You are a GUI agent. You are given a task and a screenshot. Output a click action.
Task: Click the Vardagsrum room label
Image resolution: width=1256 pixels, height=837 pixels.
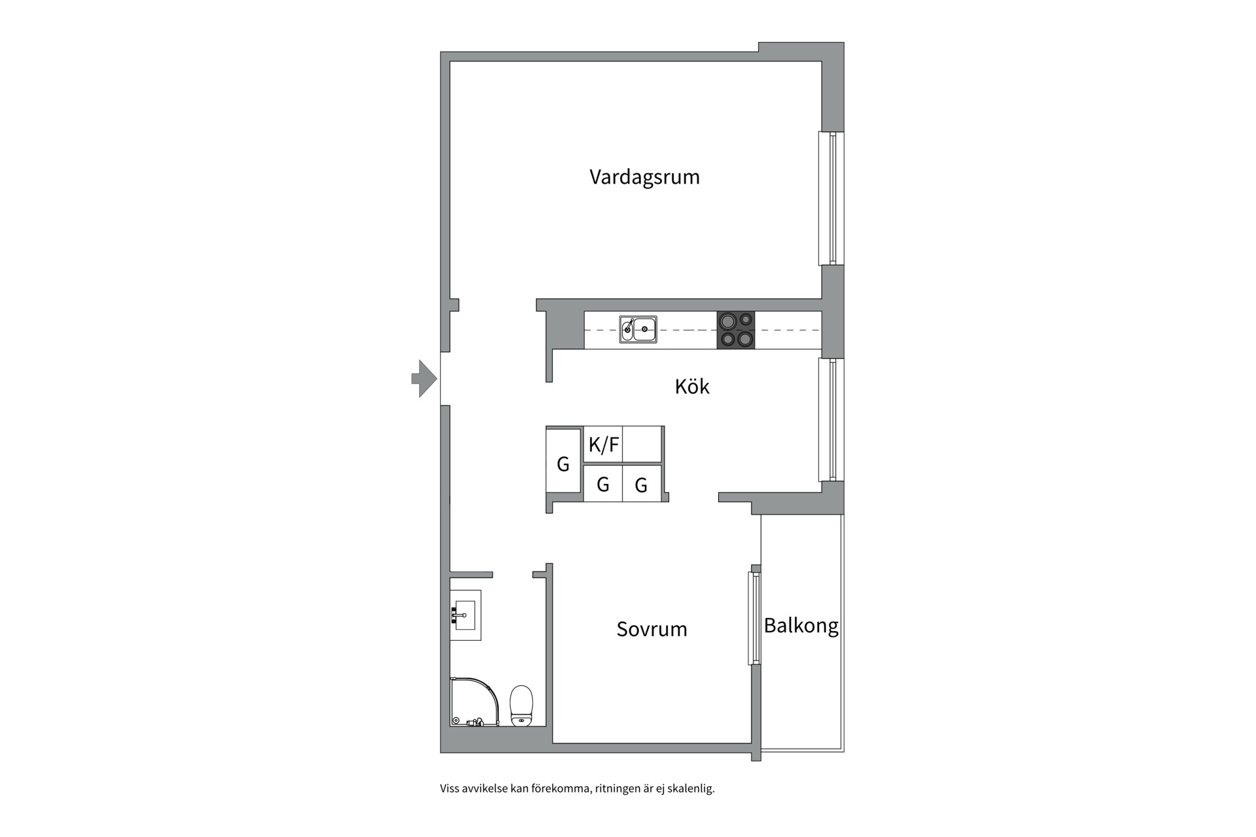pos(644,177)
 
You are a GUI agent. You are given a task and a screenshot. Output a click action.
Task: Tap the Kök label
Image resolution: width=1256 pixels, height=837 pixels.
pos(691,386)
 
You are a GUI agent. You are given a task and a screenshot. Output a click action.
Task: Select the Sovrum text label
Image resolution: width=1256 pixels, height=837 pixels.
pos(652,629)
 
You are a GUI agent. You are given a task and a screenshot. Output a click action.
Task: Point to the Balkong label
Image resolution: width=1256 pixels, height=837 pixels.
pos(801,626)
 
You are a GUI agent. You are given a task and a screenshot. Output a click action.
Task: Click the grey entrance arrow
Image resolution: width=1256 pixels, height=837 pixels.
pos(424,379)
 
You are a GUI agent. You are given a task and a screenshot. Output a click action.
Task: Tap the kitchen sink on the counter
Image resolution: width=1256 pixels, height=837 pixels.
pos(638,329)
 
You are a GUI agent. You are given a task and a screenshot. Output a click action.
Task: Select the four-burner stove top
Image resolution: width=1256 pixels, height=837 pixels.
pos(736,330)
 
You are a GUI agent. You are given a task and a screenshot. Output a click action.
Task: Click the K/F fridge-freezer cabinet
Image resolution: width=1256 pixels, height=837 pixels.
pos(602,445)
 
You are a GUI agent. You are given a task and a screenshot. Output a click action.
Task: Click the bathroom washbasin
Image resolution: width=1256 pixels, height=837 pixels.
pos(466,615)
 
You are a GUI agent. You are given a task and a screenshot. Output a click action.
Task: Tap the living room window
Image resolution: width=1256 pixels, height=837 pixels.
pos(831,198)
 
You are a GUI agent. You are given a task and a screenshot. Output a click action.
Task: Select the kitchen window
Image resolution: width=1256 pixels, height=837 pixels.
pos(831,419)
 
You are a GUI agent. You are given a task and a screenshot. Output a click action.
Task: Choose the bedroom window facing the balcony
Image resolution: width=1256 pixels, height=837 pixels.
pos(755,618)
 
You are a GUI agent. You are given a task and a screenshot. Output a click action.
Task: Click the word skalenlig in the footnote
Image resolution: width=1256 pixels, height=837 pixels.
pos(690,789)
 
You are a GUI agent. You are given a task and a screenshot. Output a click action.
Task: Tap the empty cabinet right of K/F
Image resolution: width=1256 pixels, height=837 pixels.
pos(642,445)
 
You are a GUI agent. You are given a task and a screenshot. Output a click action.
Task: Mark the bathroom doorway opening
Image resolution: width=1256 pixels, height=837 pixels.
pos(512,575)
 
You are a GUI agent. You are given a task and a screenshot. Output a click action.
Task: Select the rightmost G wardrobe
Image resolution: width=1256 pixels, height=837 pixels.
pos(641,484)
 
